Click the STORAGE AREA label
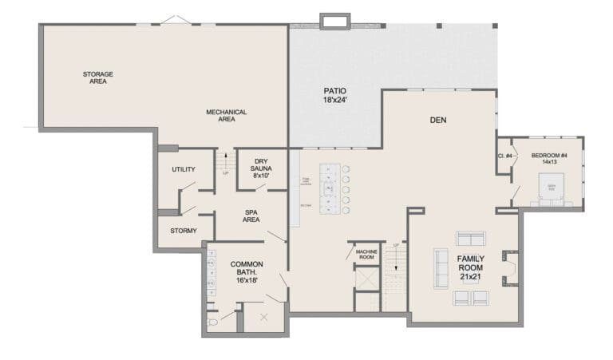[97, 77]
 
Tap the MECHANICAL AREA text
[226, 116]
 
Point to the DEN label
[437, 121]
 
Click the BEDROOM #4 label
[549, 159]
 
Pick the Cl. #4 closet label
[504, 156]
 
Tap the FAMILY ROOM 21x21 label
[469, 267]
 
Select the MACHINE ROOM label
[366, 254]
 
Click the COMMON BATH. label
[247, 272]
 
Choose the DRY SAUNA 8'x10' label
[261, 168]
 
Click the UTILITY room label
[184, 169]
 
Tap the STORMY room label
[184, 231]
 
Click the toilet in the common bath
[213, 322]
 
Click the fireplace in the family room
[508, 267]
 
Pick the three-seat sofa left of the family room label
[441, 267]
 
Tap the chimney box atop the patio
[334, 22]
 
